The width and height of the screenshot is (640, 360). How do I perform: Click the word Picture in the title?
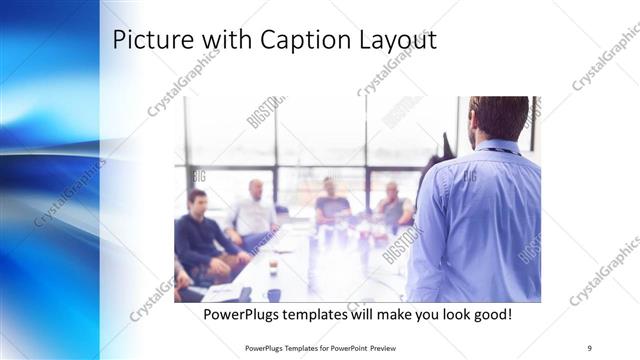(x=147, y=41)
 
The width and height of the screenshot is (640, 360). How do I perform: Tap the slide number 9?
(x=589, y=347)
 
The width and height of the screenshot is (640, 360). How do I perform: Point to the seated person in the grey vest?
(x=393, y=207)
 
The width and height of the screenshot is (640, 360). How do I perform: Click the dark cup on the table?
(x=273, y=294)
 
